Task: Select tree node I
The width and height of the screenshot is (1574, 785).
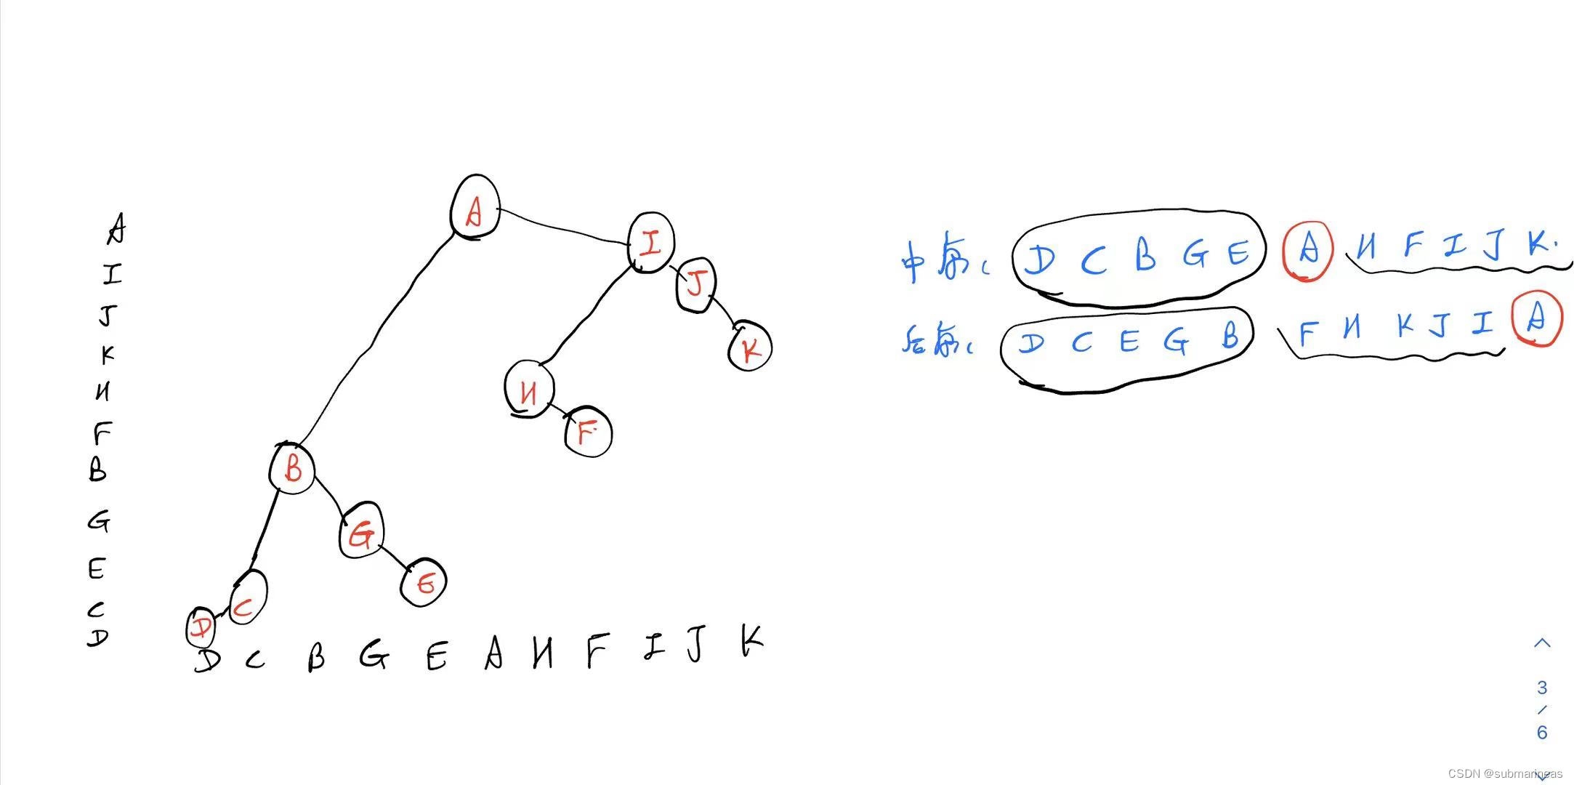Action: [x=651, y=243]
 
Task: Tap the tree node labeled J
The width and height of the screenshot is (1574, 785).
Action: [x=696, y=285]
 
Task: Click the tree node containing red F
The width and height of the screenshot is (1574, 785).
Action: [x=588, y=435]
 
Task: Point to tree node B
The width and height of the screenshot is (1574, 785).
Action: [x=292, y=469]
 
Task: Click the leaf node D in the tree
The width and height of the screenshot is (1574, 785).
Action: [x=201, y=629]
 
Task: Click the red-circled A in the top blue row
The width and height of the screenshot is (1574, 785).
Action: [x=1307, y=250]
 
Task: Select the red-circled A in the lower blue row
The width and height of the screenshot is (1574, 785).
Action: [x=1536, y=318]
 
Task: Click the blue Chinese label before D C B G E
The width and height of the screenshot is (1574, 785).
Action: [x=943, y=262]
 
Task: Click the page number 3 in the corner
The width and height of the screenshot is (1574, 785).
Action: [x=1542, y=688]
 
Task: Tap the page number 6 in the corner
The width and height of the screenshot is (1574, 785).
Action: [x=1542, y=733]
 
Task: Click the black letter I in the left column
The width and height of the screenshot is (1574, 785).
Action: [x=112, y=275]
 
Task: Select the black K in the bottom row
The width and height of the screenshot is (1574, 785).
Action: [x=751, y=641]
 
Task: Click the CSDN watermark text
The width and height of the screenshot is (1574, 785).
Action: [x=1504, y=773]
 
